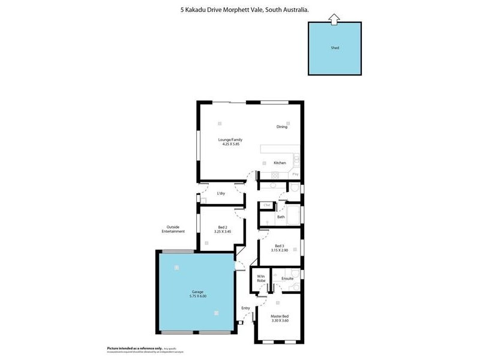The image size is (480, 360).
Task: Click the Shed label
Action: click(335, 48)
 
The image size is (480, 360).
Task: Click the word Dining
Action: click(282, 127)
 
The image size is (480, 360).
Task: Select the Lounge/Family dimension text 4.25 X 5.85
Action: click(231, 144)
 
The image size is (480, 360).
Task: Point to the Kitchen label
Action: click(280, 163)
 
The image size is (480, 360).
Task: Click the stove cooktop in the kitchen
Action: click(275, 175)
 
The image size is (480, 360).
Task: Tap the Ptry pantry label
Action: click(295, 175)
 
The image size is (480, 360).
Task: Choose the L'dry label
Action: click(221, 193)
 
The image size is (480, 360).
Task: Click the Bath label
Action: click(281, 217)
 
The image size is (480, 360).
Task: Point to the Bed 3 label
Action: click(280, 245)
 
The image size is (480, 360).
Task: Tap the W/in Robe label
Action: click(261, 278)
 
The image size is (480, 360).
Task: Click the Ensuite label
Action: click(287, 278)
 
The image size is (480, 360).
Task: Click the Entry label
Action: click(245, 308)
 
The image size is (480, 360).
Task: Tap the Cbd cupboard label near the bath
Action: click(266, 206)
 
